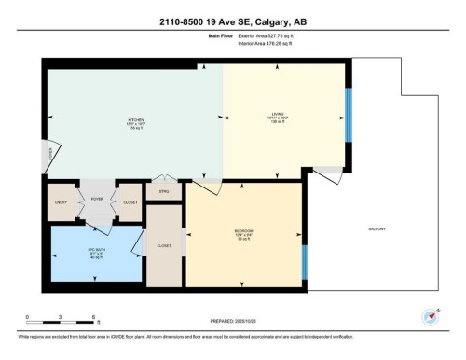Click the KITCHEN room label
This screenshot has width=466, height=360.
[x=135, y=120]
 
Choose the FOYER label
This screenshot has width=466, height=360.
[x=96, y=198]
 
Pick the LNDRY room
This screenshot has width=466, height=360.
[x=61, y=201]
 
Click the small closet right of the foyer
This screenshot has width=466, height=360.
[x=130, y=201]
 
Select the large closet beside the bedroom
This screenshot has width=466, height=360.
[x=164, y=247]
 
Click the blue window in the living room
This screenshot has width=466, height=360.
[x=348, y=115]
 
